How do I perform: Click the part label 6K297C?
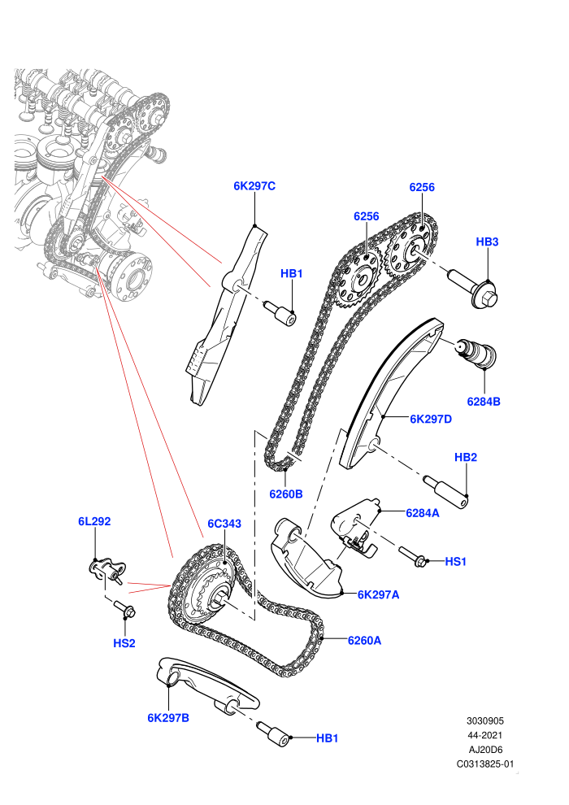point(254,186)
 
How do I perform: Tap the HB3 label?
point(487,241)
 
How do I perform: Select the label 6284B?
point(484,402)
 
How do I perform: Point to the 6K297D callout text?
point(431,419)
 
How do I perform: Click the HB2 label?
point(466,457)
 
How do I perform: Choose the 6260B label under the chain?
point(286,494)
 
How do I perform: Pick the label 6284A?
point(422,513)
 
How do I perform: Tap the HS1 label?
point(456,562)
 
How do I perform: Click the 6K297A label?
point(378,594)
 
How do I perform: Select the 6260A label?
point(364,640)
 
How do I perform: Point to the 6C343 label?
point(224,524)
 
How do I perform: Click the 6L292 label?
point(94,521)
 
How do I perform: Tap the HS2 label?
point(124,643)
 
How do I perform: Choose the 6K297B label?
point(168,718)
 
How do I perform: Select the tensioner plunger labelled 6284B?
point(476,353)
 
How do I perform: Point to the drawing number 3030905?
point(484,720)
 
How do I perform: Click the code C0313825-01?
point(484,764)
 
